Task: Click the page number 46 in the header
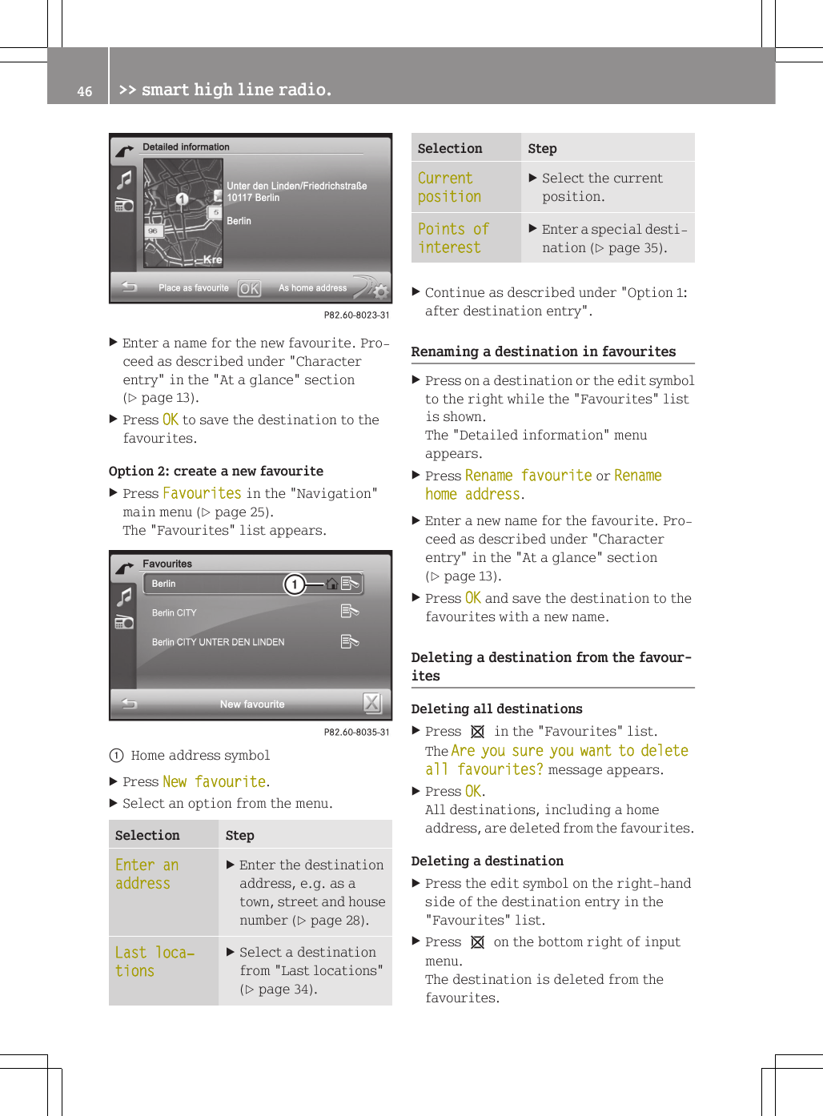pos(85,91)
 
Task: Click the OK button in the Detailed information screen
pos(249,289)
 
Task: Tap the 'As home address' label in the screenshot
pos(312,288)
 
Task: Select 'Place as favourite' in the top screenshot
pos(193,288)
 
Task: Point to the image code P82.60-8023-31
pos(356,315)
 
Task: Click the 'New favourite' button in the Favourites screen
pos(252,705)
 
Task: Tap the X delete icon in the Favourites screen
pos(371,703)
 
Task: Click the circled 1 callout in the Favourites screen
pos(295,584)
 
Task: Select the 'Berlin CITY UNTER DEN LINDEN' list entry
pos(218,642)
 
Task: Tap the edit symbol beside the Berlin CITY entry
pos(349,612)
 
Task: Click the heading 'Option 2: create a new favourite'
pos(216,472)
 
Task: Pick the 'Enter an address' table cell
pos(147,874)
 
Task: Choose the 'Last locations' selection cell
pos(155,961)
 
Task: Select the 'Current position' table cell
pos(449,187)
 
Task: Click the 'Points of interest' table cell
pos(453,239)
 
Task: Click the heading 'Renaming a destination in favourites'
pos(543,351)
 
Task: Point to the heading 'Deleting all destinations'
pos(496,709)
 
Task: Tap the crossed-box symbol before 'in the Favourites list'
pos(477,732)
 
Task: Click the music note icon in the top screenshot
pos(125,179)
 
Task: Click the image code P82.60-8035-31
pos(356,733)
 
